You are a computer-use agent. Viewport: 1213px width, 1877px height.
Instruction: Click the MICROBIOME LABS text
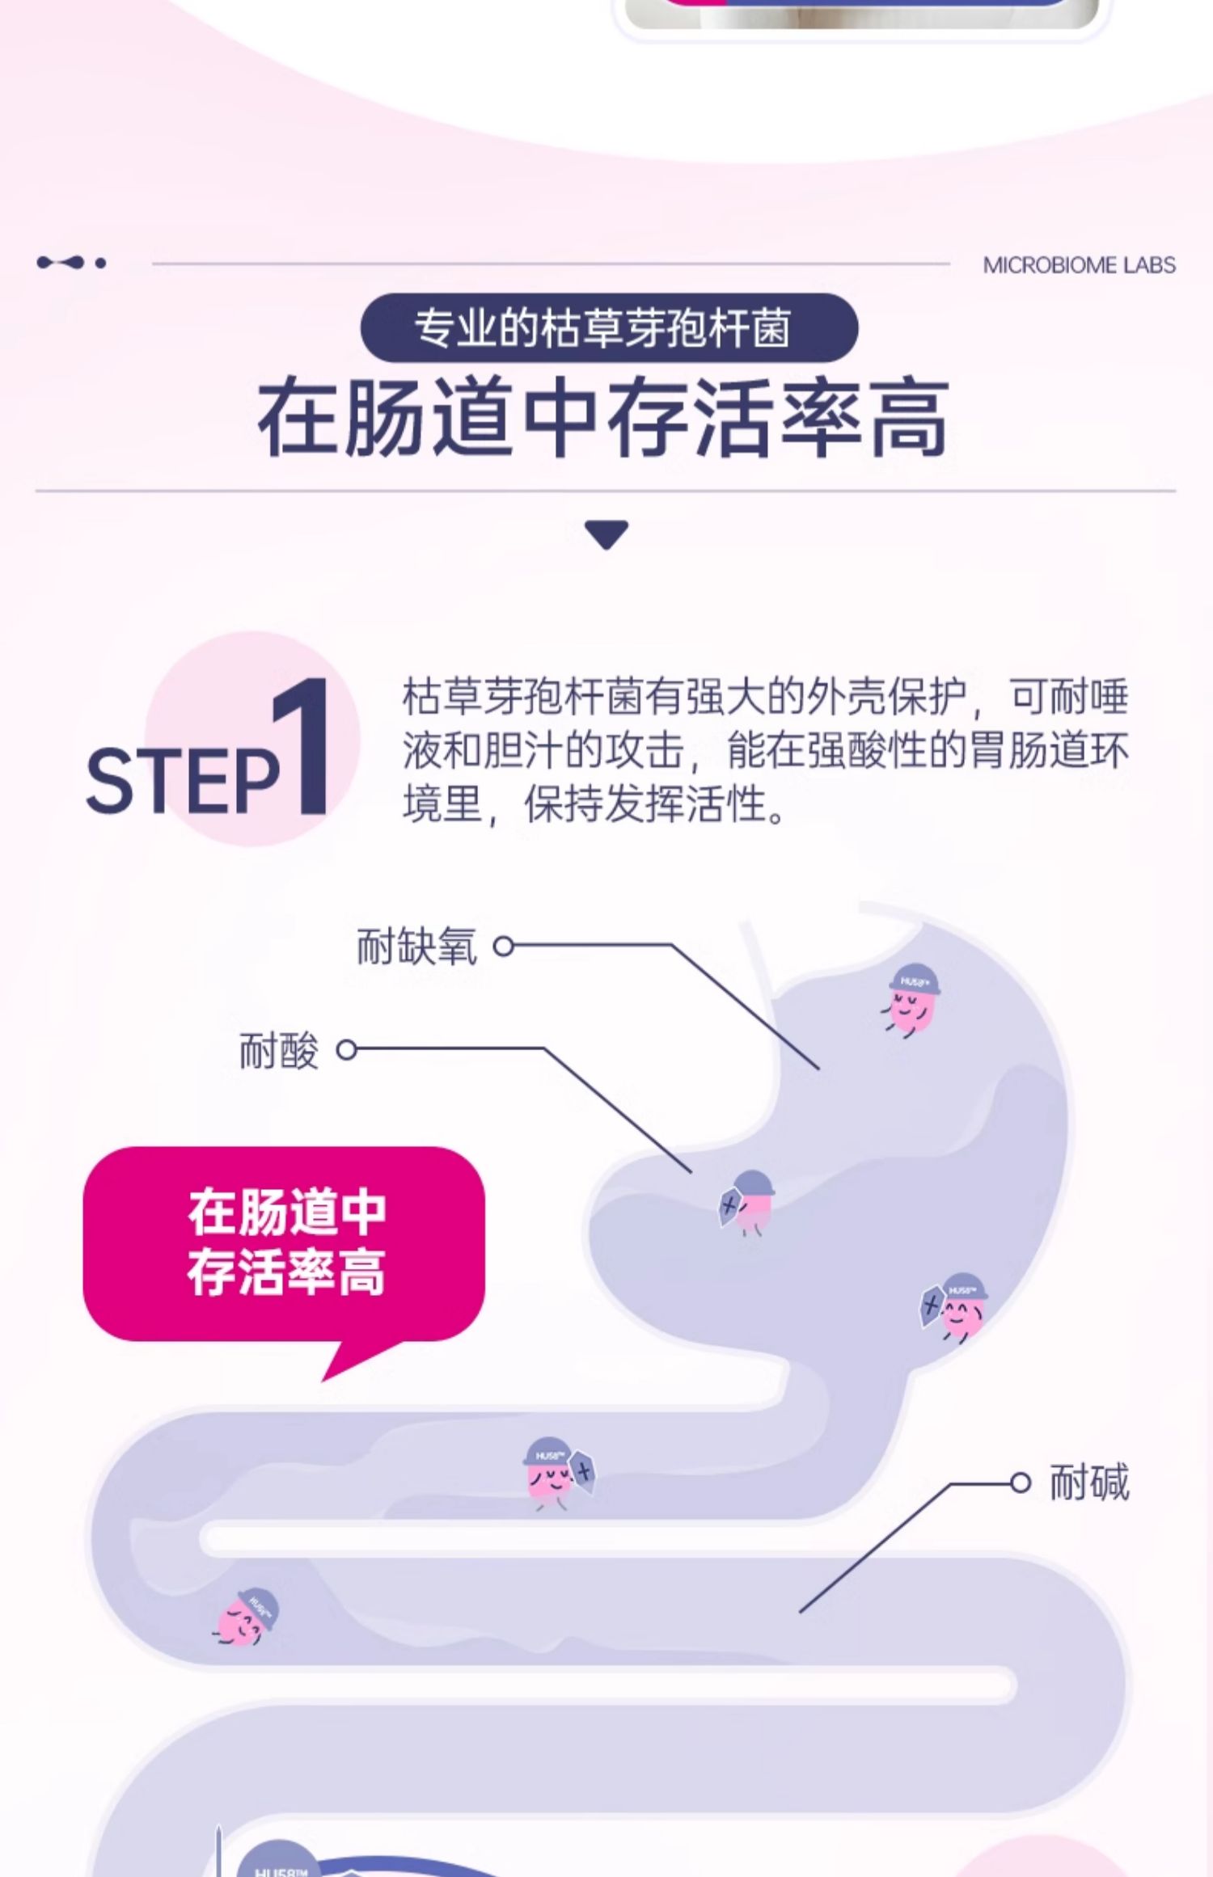1079,265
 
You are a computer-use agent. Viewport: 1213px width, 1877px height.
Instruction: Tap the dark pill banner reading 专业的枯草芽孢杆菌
608,328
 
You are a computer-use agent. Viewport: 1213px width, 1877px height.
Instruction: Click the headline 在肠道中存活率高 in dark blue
603,418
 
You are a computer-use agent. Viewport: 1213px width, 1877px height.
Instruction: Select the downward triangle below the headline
606,534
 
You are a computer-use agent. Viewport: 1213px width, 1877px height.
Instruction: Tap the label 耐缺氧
416,947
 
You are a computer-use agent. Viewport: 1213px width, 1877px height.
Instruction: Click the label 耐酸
279,1051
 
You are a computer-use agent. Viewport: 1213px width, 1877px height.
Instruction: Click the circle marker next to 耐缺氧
504,946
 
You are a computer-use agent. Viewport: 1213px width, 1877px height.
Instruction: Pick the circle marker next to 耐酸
346,1050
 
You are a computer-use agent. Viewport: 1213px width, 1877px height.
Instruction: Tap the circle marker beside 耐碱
1021,1483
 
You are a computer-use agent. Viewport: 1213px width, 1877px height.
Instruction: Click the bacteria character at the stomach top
911,999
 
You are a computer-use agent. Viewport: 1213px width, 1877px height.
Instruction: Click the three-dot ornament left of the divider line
71,263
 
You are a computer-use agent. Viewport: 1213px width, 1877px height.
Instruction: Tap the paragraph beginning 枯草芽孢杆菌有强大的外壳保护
764,751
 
